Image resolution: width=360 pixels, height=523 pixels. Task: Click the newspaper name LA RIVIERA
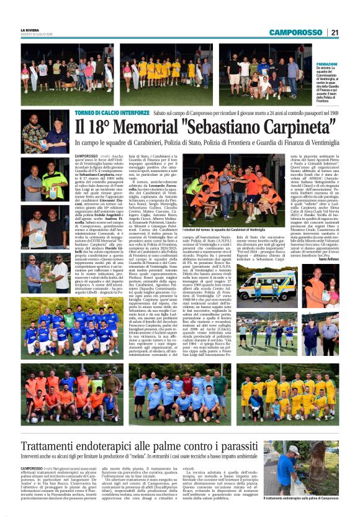pos(30,30)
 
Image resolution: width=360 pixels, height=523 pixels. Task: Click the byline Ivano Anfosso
pos(326,259)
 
